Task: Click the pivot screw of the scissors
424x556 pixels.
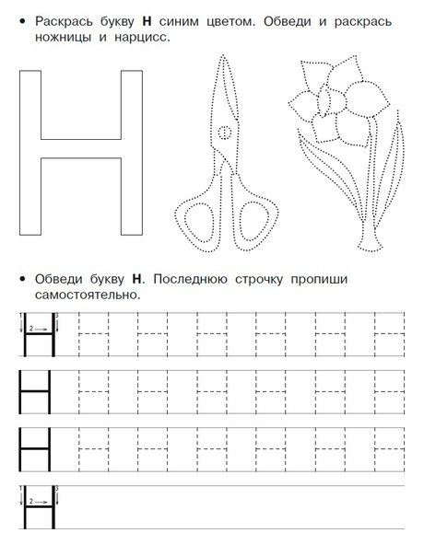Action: pos(223,133)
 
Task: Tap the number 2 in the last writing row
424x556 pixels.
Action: pos(31,501)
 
